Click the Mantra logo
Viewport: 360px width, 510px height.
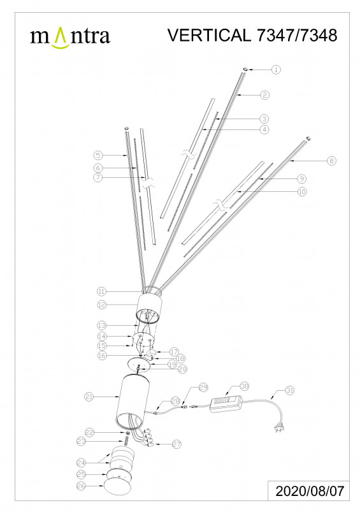[x=70, y=38]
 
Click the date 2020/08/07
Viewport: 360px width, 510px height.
[x=309, y=491]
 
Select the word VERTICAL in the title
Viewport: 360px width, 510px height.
[x=209, y=35]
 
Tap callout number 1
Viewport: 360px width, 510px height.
[x=276, y=69]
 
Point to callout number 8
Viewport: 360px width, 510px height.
[x=331, y=161]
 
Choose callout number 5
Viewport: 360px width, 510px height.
[x=98, y=156]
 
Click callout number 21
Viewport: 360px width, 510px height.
[x=89, y=397]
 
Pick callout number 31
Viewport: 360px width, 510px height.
[x=290, y=390]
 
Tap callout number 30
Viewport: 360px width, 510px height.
[x=245, y=386]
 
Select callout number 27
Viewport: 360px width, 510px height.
[x=176, y=444]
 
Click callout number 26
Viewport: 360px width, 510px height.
[x=82, y=486]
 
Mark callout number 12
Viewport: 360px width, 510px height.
[x=102, y=305]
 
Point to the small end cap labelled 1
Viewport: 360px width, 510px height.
[x=245, y=69]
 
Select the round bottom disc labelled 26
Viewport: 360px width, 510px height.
[x=117, y=488]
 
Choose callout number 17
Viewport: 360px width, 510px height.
[x=175, y=352]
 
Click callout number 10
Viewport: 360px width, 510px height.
[x=302, y=192]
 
